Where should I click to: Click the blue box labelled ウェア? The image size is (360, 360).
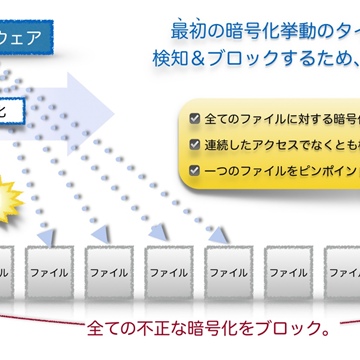pos(30,41)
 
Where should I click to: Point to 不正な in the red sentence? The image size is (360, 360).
pos(161,328)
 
